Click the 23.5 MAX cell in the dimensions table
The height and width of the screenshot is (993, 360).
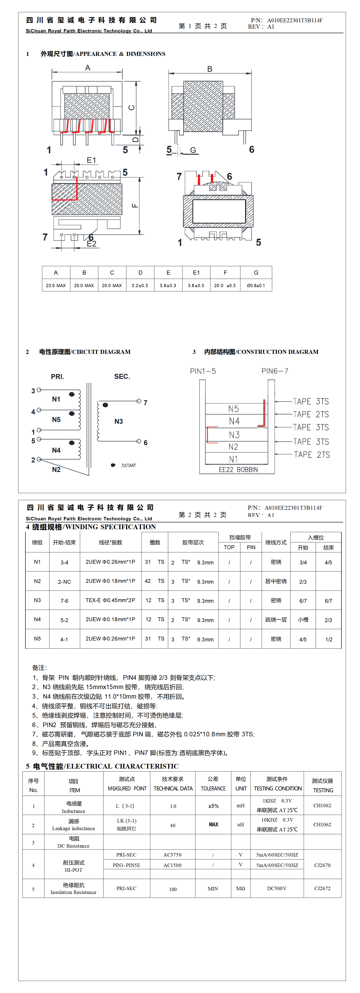tap(56, 286)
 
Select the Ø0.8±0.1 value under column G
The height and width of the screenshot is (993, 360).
tap(256, 286)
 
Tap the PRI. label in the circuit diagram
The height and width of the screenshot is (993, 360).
tap(57, 377)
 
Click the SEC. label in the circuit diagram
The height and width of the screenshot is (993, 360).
tap(122, 377)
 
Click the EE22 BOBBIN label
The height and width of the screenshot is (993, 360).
tap(238, 469)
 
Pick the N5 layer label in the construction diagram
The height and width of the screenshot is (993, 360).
tap(234, 409)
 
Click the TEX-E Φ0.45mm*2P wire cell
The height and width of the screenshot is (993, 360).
tap(110, 600)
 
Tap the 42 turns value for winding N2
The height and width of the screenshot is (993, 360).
tap(148, 581)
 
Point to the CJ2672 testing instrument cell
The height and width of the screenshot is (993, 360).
tap(322, 888)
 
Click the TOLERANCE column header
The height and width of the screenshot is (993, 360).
tap(213, 789)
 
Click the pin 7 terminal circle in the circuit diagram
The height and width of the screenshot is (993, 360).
tap(139, 401)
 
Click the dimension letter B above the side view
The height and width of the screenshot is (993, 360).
tap(210, 69)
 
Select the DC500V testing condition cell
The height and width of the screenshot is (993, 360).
tap(277, 888)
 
